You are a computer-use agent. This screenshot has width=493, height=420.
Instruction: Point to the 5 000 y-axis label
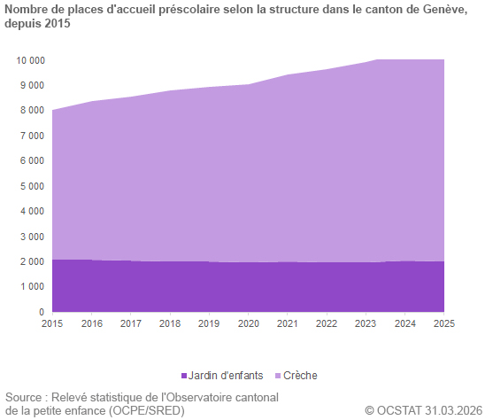point(31,186)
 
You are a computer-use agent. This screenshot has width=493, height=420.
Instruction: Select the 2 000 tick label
point(31,261)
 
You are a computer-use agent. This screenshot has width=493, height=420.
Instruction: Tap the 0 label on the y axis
point(41,312)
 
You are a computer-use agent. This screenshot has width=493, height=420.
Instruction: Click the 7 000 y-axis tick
point(31,136)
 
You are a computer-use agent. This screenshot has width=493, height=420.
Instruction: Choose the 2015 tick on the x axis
point(53,324)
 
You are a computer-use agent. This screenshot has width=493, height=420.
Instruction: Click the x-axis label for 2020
point(249,324)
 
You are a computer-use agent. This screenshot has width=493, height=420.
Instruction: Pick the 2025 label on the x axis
point(444,324)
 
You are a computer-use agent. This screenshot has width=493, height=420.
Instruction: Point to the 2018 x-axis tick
point(171,324)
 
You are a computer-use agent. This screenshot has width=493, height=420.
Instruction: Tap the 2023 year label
point(366,324)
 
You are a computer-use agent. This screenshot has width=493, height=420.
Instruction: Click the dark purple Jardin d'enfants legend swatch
point(184,376)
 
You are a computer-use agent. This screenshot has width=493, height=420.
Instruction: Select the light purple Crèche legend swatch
point(278,376)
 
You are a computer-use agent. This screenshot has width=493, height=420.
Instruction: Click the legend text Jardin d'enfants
point(227,376)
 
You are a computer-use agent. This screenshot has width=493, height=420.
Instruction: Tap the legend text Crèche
point(300,376)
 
